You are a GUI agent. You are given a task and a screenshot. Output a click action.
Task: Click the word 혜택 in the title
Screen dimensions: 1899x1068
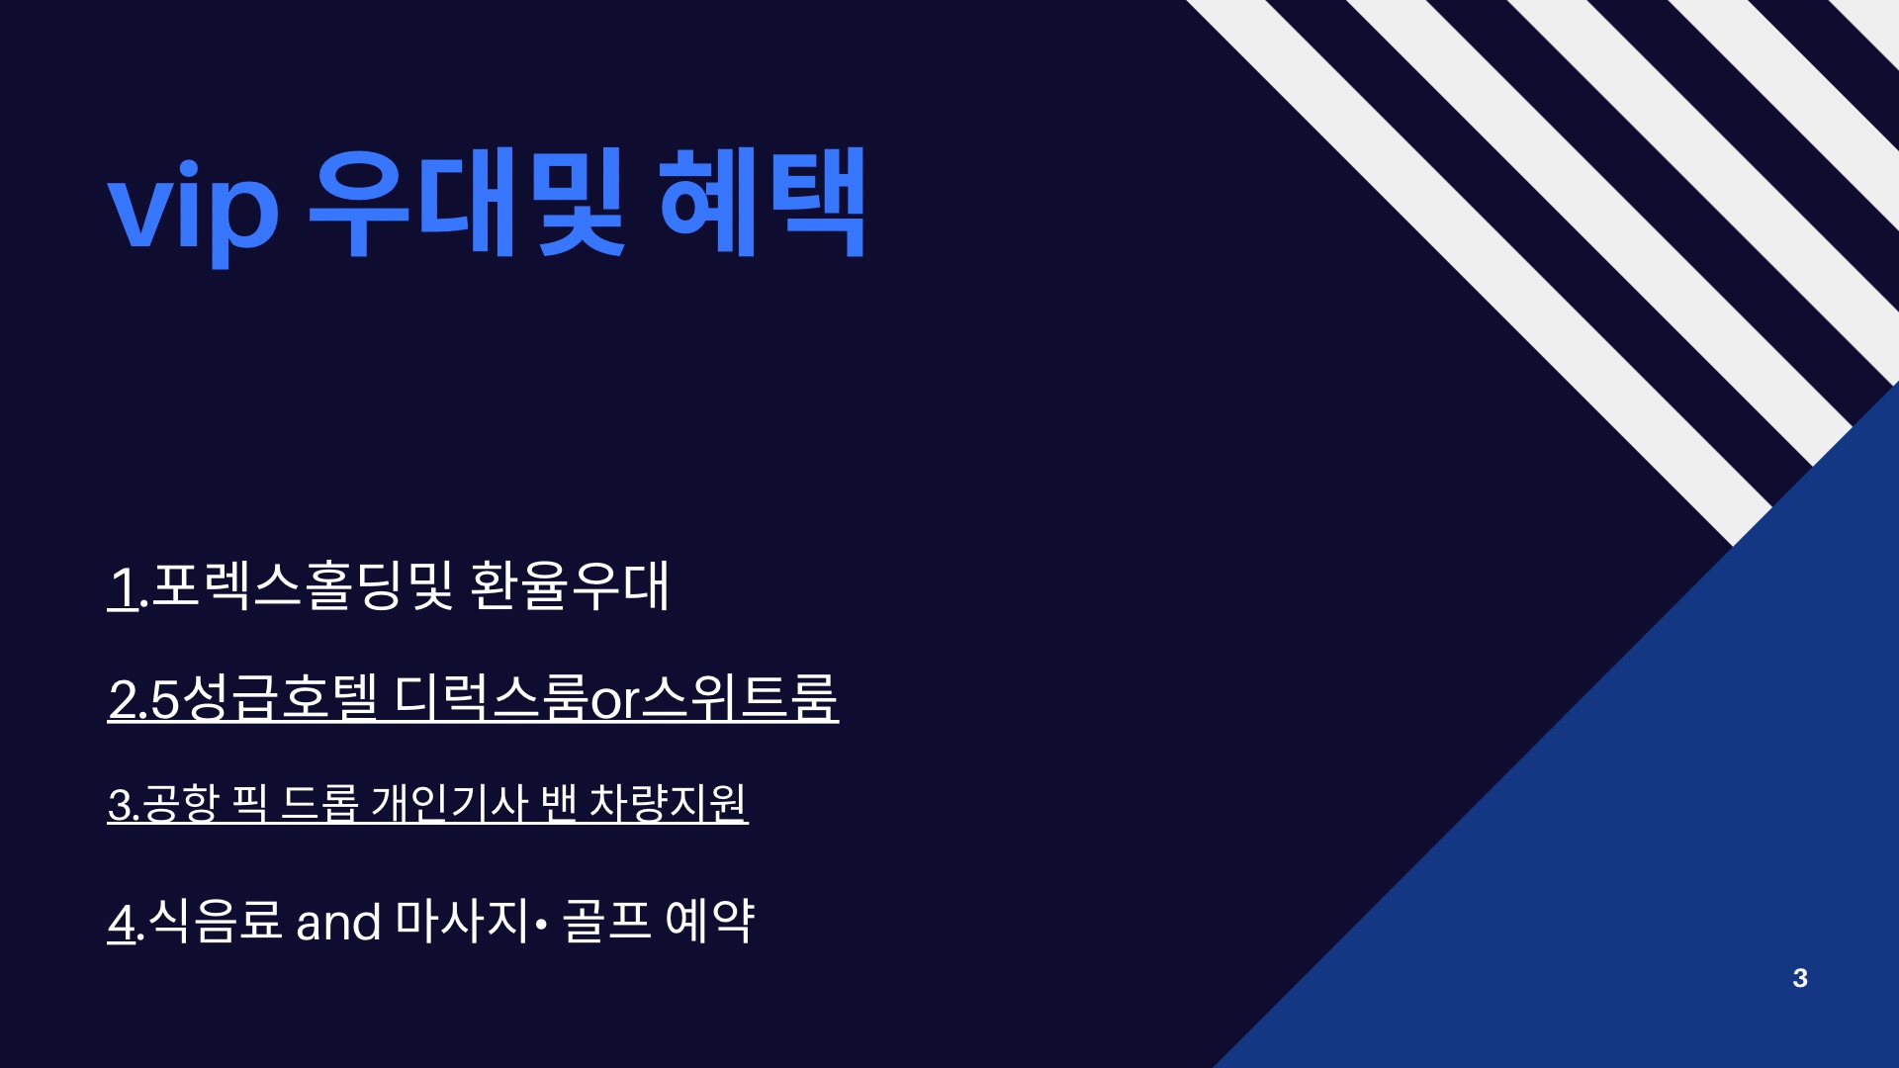762,203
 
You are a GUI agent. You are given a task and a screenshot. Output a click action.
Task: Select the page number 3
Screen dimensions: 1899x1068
1800,978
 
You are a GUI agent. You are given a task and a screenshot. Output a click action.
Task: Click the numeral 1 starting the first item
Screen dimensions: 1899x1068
123,586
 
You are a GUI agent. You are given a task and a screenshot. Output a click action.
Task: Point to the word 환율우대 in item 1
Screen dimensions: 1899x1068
570,585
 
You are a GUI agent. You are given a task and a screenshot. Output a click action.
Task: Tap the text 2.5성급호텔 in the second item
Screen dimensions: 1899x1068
242,697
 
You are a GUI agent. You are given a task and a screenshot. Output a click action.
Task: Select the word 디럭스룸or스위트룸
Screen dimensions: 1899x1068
616,697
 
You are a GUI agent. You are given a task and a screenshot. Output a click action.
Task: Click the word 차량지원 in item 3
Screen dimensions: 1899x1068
668,803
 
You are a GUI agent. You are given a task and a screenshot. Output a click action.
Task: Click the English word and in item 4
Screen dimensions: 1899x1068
338,923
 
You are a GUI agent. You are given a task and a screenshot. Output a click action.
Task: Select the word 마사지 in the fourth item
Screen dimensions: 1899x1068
462,921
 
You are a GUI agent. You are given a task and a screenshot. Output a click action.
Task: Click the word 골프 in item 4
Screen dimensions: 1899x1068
606,921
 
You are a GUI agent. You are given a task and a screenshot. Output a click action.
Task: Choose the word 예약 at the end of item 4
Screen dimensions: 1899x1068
710,921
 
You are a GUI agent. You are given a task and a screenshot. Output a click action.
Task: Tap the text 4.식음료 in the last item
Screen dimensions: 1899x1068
195,921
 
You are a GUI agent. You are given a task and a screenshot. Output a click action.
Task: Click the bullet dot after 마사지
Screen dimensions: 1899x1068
540,925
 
